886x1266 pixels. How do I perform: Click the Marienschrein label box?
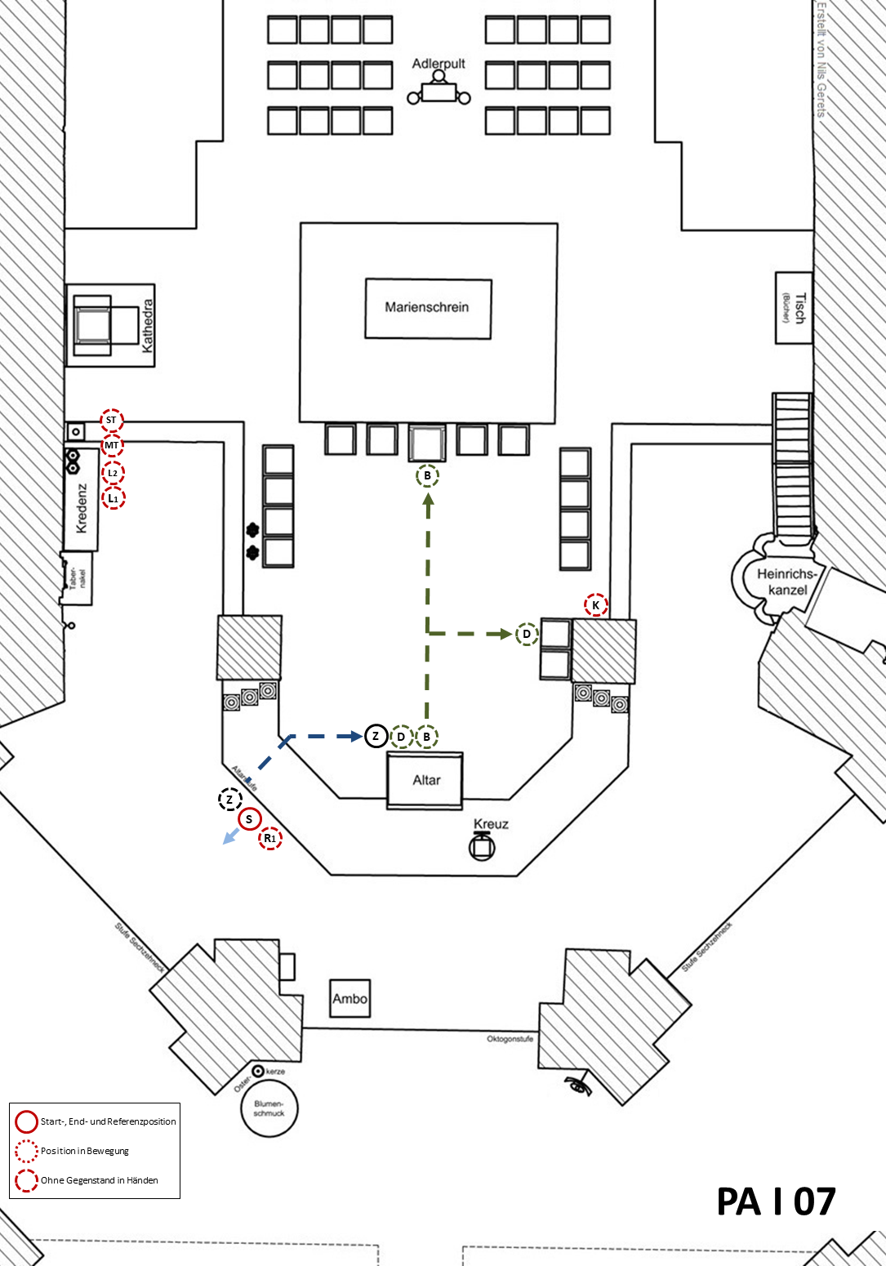(x=427, y=308)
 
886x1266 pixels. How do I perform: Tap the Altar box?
(x=425, y=781)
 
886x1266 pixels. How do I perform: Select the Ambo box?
(x=350, y=998)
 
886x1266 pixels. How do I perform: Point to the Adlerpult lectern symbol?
(x=439, y=91)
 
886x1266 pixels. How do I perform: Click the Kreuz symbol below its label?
(x=482, y=847)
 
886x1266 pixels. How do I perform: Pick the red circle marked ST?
(x=112, y=421)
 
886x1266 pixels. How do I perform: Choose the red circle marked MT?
(x=112, y=446)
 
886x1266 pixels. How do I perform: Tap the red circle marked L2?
(x=113, y=473)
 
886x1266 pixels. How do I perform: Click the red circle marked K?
(x=596, y=605)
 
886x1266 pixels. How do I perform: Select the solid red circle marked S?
(x=249, y=819)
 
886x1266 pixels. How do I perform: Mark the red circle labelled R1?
(x=270, y=838)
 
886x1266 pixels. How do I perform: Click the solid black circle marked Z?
(x=376, y=737)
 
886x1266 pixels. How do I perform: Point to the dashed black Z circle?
(x=230, y=800)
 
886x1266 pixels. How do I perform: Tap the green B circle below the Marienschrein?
(x=427, y=475)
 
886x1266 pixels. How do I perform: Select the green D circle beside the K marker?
(x=527, y=634)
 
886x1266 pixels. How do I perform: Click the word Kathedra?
(x=148, y=325)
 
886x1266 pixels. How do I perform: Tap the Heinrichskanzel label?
(x=787, y=582)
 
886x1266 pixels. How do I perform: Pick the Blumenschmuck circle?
(x=269, y=1108)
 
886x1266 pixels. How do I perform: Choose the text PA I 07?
(x=776, y=1202)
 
